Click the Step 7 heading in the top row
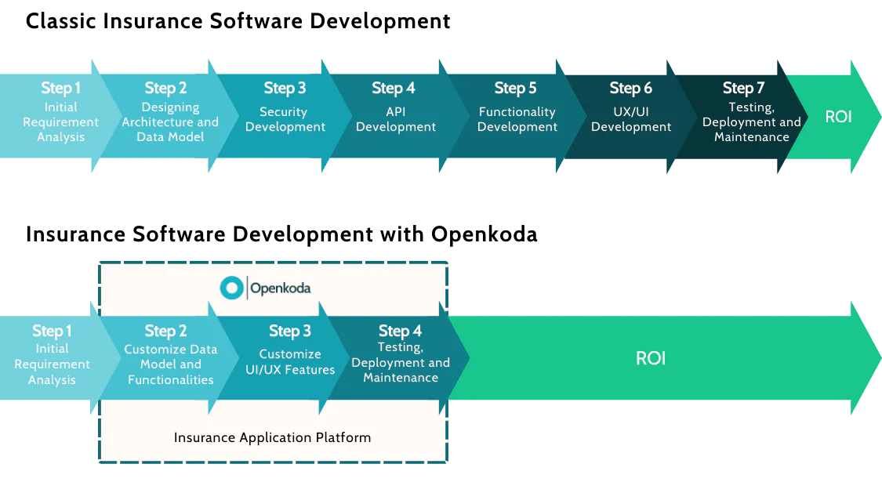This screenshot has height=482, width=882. [743, 88]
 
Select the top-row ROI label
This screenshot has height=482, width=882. [838, 117]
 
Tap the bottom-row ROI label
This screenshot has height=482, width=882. [651, 358]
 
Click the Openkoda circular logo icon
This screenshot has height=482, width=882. [231, 288]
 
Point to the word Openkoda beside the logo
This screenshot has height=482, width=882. [280, 288]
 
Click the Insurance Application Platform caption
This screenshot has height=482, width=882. [272, 437]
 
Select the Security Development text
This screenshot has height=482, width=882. [285, 119]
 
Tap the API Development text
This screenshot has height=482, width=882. [396, 119]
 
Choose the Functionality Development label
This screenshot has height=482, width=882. [517, 119]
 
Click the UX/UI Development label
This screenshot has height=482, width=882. [631, 119]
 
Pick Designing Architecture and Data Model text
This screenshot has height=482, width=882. [170, 121]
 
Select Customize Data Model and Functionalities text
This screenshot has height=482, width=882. [171, 364]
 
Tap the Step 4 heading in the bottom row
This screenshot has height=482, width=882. [400, 331]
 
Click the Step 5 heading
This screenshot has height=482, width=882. [515, 88]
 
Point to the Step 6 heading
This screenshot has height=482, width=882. [630, 88]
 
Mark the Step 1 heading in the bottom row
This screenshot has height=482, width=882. [52, 331]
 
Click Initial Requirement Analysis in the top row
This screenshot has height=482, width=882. [60, 121]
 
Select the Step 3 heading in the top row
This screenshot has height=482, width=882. [285, 88]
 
